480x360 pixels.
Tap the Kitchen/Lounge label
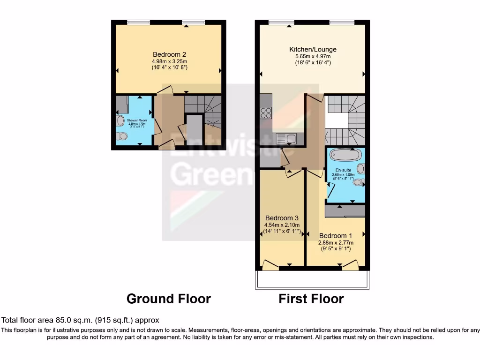(313, 49)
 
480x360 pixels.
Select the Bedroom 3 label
(282, 218)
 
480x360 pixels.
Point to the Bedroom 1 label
(336, 236)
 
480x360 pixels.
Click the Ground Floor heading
(169, 299)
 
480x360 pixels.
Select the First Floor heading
(311, 299)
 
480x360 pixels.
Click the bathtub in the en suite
(346, 154)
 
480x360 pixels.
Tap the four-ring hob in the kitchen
(266, 113)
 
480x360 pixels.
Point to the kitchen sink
(287, 138)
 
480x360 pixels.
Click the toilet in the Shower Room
(122, 136)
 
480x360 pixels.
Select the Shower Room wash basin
(120, 121)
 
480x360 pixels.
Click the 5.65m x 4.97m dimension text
(313, 56)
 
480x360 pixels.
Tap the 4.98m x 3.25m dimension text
(170, 61)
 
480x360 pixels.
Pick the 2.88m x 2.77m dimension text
(336, 243)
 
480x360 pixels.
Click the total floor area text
(80, 320)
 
